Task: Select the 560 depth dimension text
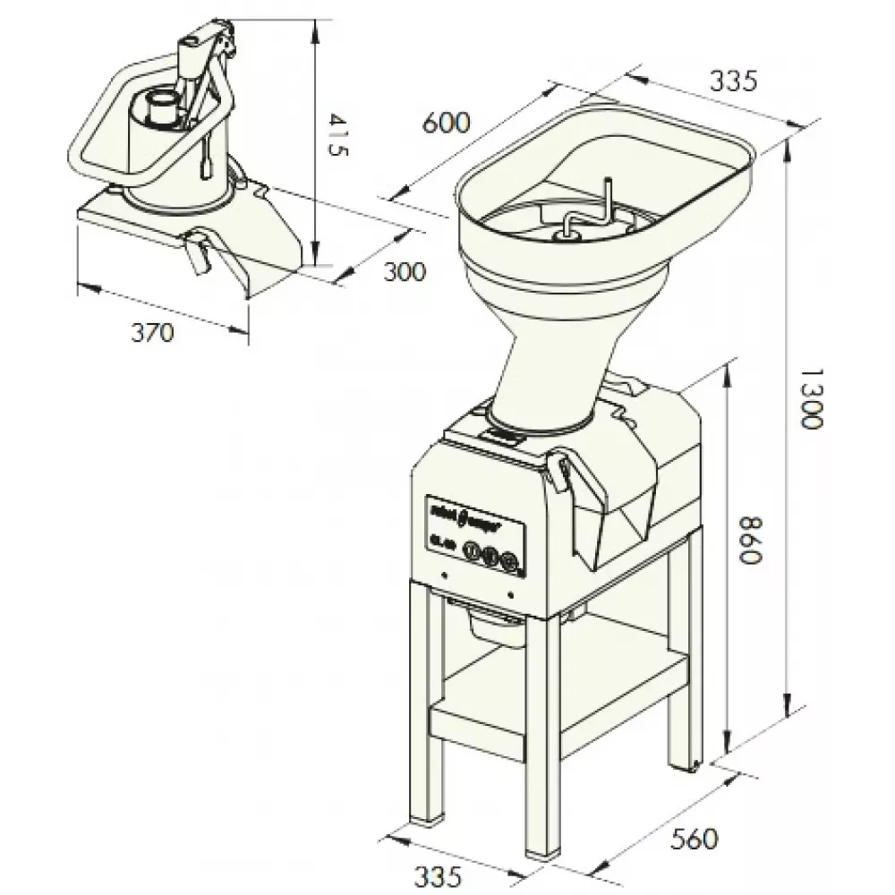click(695, 840)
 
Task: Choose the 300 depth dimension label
click(405, 270)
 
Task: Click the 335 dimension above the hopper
click(733, 81)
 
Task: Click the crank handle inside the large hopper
click(586, 215)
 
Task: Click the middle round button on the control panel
click(490, 558)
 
